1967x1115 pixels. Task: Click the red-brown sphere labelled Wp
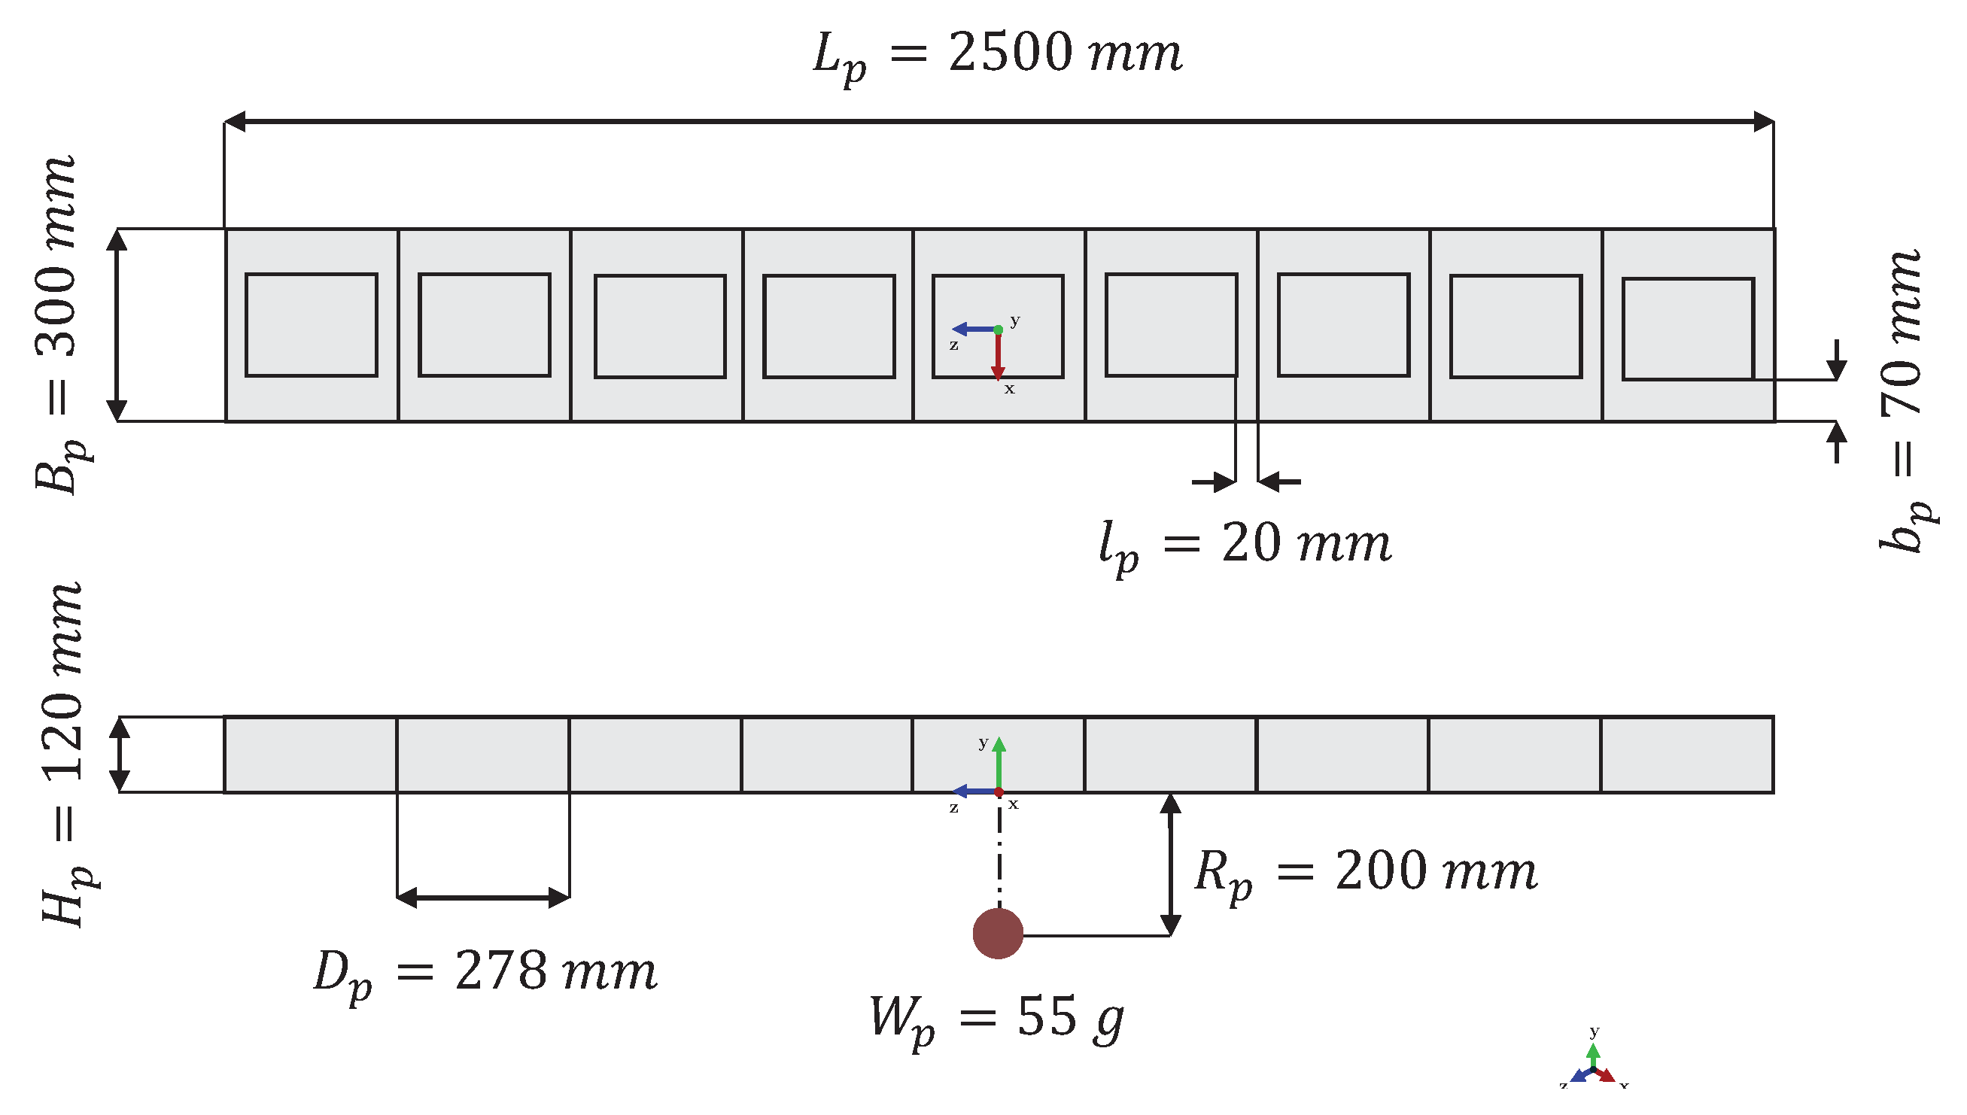[998, 933]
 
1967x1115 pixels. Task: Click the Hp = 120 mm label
[64, 755]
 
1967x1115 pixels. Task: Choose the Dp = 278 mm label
[485, 973]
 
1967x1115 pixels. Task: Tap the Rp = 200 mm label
[1365, 872]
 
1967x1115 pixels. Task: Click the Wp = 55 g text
[996, 1019]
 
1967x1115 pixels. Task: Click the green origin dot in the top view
[998, 330]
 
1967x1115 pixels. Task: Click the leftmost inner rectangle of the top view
[311, 325]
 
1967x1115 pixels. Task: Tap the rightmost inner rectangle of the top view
[1688, 329]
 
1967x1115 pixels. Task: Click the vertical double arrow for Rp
[1170, 864]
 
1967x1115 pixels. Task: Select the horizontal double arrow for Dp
[483, 897]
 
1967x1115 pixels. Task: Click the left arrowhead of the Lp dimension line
[234, 121]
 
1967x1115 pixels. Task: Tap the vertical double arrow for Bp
[117, 325]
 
